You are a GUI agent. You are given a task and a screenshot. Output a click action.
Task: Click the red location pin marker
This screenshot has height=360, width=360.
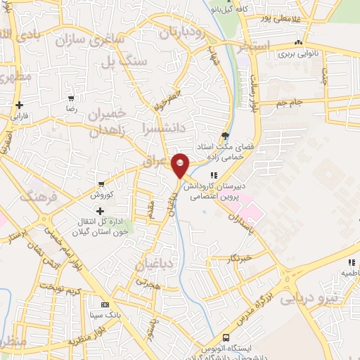[x=181, y=166]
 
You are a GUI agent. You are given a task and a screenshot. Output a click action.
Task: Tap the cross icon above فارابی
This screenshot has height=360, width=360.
[x=19, y=104]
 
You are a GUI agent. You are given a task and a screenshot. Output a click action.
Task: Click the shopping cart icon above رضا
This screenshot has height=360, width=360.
[x=70, y=99]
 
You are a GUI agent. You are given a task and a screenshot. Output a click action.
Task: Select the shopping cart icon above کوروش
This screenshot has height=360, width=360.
[x=102, y=184]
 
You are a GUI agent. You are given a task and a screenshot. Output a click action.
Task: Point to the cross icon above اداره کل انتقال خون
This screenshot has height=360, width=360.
[x=100, y=211]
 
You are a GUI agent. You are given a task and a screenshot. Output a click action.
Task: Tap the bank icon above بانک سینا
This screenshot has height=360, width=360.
[x=105, y=304]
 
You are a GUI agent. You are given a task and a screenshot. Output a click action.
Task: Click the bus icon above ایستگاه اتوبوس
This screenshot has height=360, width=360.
[x=226, y=337]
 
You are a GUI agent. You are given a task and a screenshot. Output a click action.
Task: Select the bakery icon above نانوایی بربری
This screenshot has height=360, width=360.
[x=300, y=43]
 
